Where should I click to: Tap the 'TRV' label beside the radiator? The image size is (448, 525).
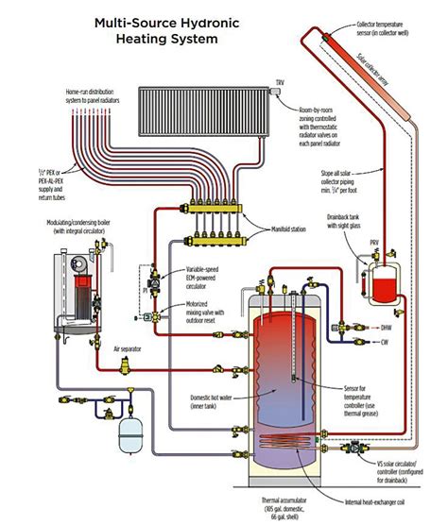point(279,85)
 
